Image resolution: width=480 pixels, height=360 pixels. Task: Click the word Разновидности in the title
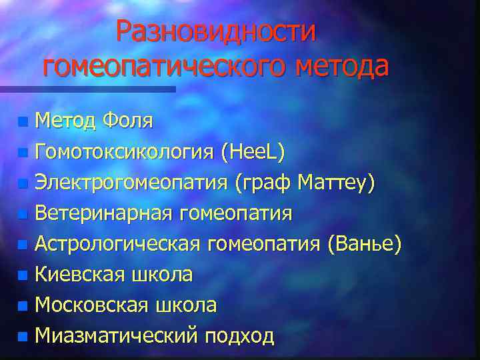(215, 31)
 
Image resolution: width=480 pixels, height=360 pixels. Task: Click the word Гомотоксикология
(125, 152)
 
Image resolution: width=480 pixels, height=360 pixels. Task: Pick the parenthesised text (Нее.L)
(254, 152)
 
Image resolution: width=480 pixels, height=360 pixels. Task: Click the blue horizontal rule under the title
(87, 89)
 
